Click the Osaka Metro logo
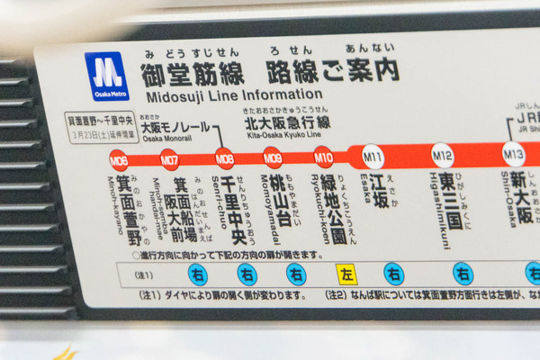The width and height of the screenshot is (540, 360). (106, 76)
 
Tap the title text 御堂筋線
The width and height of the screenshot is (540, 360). (188, 72)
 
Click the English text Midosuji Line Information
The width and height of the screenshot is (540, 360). (231, 94)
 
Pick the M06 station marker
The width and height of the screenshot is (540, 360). (119, 161)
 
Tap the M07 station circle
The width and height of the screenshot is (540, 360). (169, 161)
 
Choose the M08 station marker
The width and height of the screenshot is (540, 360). (224, 160)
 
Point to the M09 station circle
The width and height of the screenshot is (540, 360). (273, 159)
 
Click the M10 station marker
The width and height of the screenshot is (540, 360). (323, 158)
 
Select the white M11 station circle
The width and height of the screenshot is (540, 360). (373, 157)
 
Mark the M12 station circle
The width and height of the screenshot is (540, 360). (442, 156)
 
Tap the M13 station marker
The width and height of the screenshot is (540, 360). (513, 155)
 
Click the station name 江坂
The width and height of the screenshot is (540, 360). (379, 192)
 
